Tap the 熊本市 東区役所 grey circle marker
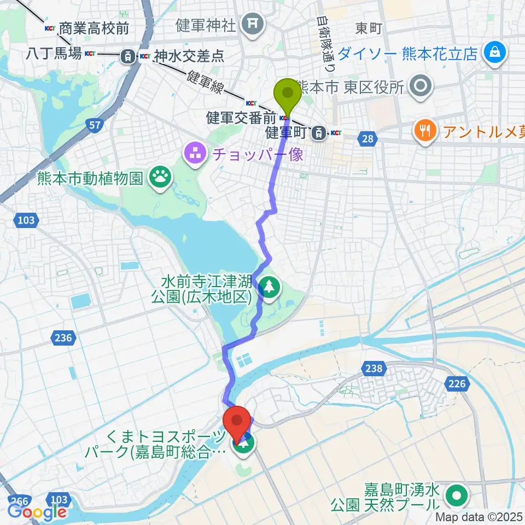(421, 86)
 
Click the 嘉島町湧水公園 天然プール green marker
(456, 495)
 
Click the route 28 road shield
(368, 139)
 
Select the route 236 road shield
(64, 338)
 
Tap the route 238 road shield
(374, 369)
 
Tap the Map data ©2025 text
(480, 517)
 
